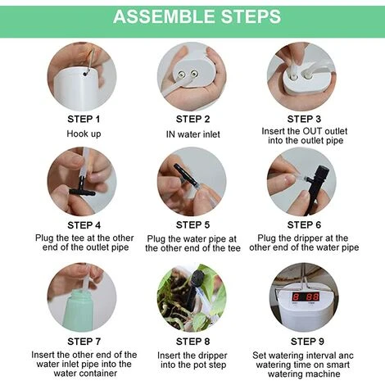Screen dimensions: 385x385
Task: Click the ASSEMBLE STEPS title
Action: coord(197,16)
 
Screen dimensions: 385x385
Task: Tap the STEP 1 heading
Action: coord(84,119)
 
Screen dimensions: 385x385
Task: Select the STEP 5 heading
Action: coord(192,224)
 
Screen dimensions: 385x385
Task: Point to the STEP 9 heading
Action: coord(307,342)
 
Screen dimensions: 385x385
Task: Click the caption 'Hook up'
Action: coord(84,134)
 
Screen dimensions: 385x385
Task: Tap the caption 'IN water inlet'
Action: coord(192,134)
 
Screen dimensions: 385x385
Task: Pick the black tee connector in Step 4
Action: coord(82,189)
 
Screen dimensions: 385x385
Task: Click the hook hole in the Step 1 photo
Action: coord(86,74)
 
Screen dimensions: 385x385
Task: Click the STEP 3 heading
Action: coord(304,119)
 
